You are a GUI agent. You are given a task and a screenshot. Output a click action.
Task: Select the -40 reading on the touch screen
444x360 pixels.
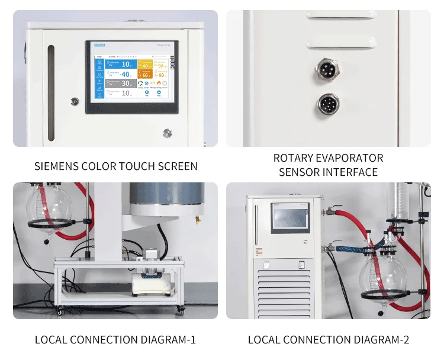tap(124, 74)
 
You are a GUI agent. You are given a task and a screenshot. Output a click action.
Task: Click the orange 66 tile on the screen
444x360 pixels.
tap(145, 75)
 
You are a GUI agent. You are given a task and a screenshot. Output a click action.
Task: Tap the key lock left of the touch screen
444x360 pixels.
tap(75, 101)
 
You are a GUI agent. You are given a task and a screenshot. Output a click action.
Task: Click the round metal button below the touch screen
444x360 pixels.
tap(168, 133)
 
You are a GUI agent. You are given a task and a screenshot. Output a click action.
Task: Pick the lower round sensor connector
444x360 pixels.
tap(327, 104)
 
